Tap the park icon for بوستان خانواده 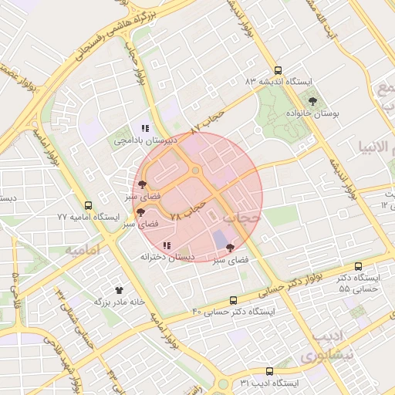point(312,101)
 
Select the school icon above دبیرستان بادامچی point(145,128)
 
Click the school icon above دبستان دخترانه point(167,245)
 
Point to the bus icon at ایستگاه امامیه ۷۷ point(88,206)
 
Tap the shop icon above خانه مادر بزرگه point(119,290)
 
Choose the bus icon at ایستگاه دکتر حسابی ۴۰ point(234,300)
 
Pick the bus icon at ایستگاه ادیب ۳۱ point(268,371)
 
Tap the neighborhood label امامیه point(82,251)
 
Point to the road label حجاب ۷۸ point(187,211)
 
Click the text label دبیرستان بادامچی point(146,140)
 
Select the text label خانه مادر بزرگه point(120,302)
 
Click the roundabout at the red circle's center point(197,170)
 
